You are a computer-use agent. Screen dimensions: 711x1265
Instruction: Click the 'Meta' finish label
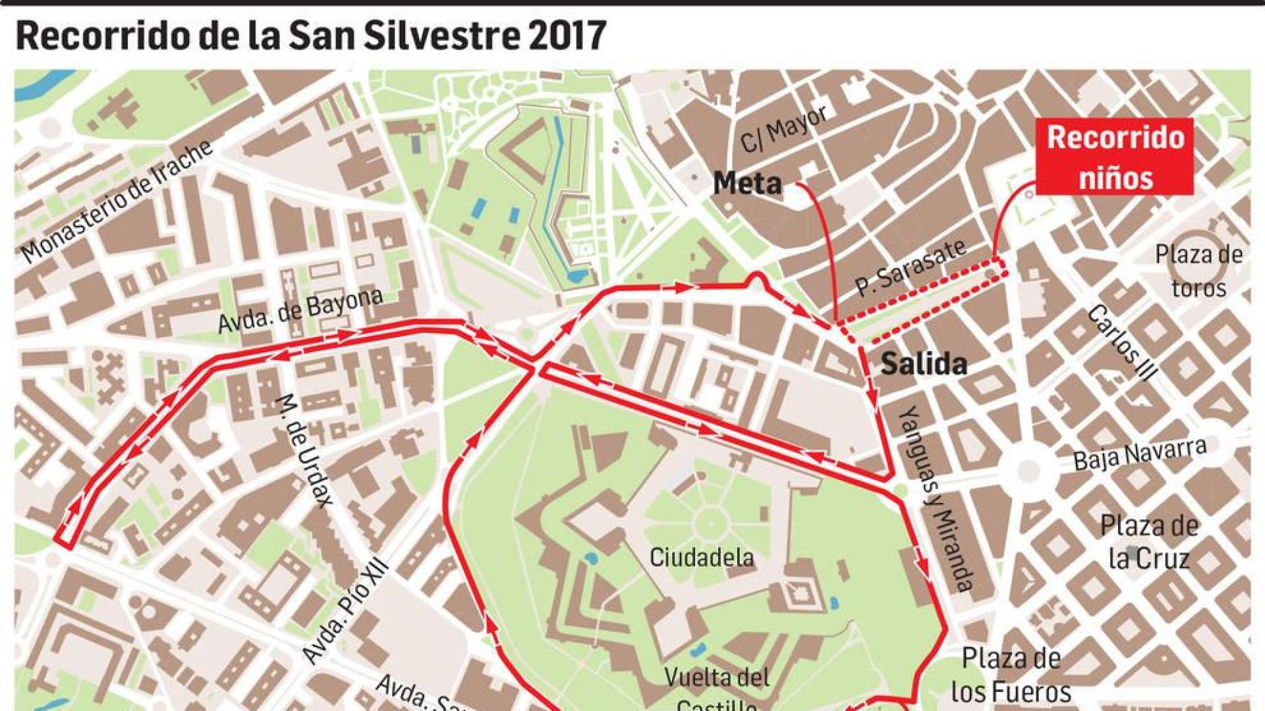click(747, 183)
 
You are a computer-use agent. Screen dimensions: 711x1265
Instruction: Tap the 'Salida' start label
click(924, 364)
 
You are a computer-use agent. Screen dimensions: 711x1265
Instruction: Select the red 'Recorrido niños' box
click(1115, 157)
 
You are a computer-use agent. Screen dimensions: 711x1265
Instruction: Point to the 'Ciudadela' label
click(701, 558)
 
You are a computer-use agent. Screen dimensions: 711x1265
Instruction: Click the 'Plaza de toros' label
click(1198, 271)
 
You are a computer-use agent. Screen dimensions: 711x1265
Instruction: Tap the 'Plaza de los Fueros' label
click(1011, 674)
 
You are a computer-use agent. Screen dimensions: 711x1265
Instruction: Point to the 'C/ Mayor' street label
click(783, 129)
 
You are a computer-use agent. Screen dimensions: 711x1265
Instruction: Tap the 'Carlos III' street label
click(1120, 342)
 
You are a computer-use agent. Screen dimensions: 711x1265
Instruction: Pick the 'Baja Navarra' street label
click(1139, 454)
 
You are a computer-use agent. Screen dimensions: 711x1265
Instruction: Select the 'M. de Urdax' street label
click(304, 449)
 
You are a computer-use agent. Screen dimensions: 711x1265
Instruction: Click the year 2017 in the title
click(567, 36)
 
